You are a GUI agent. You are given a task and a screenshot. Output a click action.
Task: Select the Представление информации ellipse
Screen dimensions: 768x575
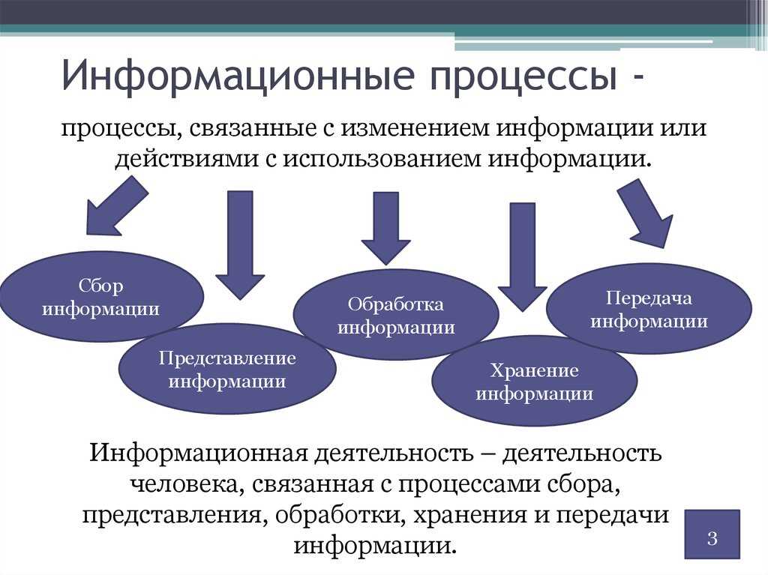coord(227,369)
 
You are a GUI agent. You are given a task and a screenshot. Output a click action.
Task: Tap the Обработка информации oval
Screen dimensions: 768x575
coord(396,314)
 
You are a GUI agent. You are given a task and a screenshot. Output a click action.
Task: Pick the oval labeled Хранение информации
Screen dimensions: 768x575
coord(534,381)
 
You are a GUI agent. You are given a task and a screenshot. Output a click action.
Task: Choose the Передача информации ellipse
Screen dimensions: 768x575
coord(649,309)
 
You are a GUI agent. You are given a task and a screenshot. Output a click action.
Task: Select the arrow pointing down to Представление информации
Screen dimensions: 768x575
coord(240,245)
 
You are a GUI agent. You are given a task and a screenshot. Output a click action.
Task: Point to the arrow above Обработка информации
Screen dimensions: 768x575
coord(386,228)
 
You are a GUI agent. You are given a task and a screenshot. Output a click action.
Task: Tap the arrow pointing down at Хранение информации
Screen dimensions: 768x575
coord(522,256)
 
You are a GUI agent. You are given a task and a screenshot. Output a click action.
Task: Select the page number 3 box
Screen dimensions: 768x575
coord(712,534)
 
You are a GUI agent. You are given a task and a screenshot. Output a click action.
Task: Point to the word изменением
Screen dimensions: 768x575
coord(415,129)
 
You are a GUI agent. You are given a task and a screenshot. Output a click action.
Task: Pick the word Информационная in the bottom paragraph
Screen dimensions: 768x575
coord(199,454)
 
